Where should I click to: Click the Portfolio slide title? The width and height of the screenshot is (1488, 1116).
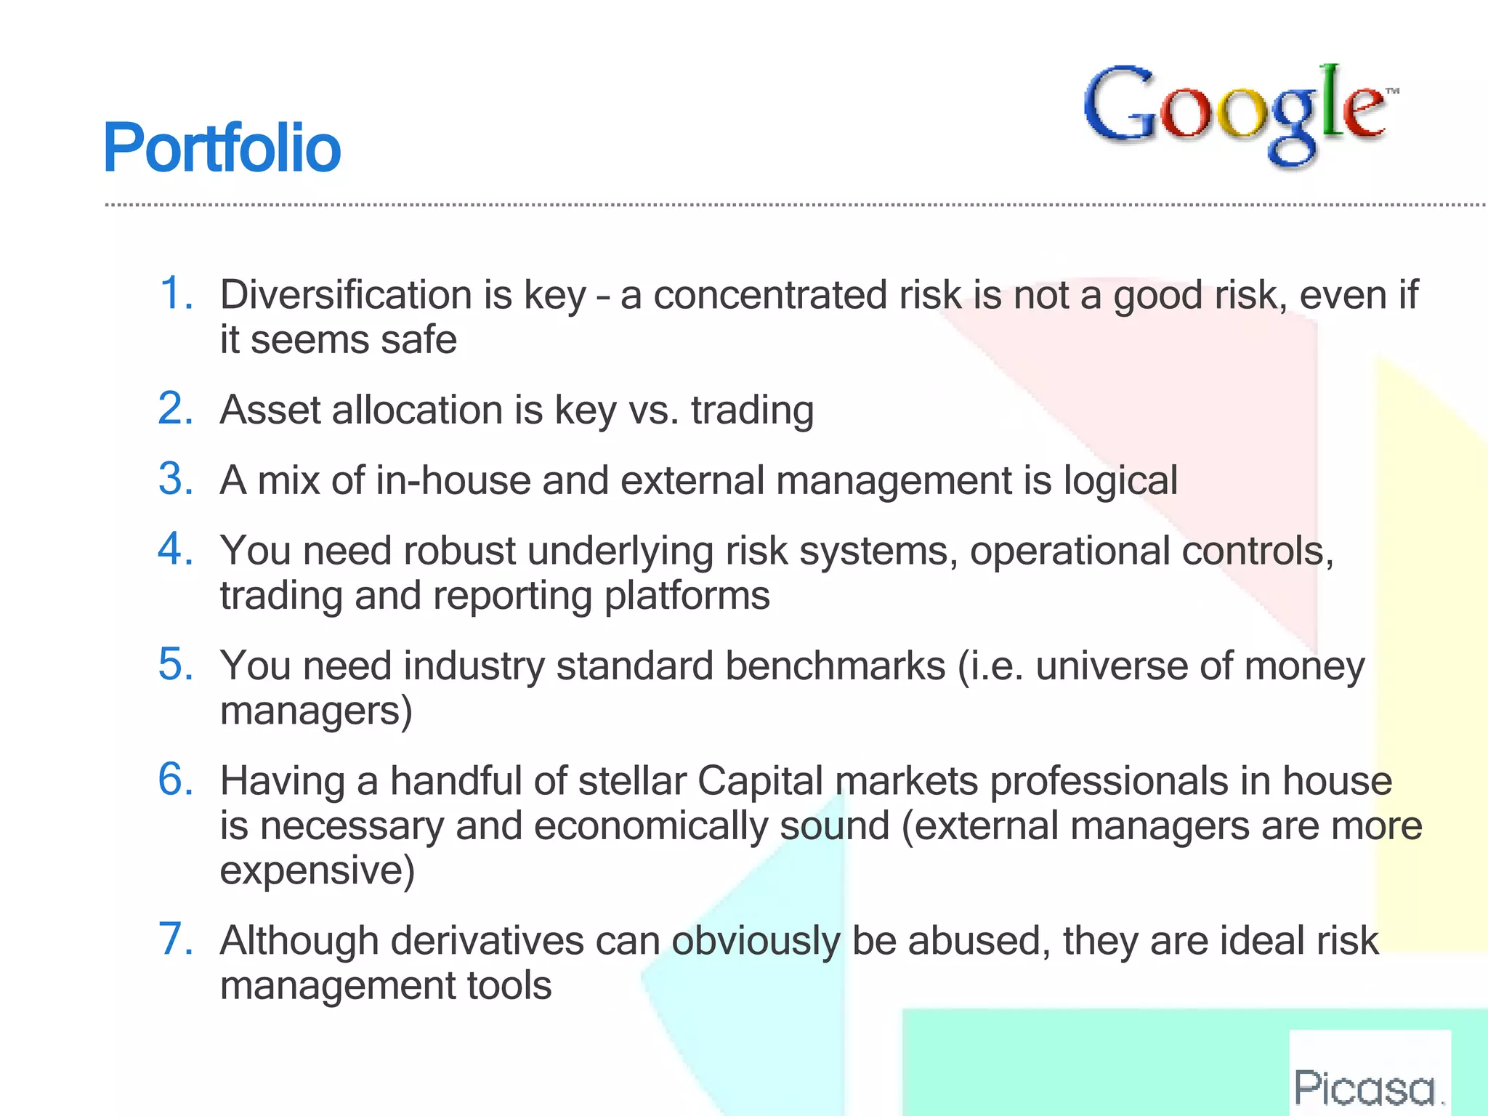pyautogui.click(x=222, y=148)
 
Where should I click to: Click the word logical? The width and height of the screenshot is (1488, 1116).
pyautogui.click(x=1120, y=480)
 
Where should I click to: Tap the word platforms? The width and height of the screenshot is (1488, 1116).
pyautogui.click(x=687, y=596)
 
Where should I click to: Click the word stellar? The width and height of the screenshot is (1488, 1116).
pyautogui.click(x=631, y=781)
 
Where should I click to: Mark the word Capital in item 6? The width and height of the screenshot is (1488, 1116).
pyautogui.click(x=759, y=781)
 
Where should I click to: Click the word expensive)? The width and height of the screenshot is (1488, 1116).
pyautogui.click(x=318, y=871)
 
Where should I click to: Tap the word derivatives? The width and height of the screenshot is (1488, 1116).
pyautogui.click(x=488, y=941)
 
